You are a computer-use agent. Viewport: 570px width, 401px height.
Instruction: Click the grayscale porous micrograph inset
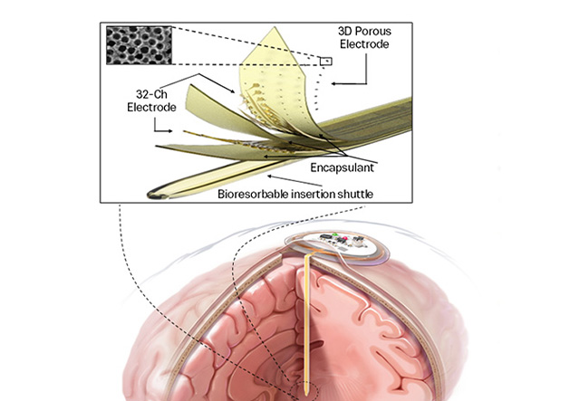135,44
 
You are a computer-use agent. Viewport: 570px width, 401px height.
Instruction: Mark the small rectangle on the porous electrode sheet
325,62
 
